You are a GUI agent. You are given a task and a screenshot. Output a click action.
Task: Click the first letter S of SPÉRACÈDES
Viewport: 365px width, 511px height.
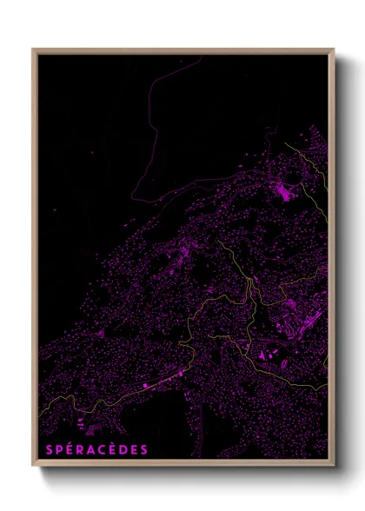click(44, 450)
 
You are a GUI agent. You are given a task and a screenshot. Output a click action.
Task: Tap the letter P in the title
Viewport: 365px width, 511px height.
click(56, 450)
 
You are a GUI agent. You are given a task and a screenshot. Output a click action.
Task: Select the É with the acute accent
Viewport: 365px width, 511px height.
click(67, 449)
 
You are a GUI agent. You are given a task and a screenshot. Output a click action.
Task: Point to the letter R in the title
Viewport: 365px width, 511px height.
click(78, 450)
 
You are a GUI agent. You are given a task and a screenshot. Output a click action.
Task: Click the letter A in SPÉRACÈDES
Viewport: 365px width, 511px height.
click(90, 450)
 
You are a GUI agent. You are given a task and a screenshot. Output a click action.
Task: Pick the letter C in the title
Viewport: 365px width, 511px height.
click(102, 450)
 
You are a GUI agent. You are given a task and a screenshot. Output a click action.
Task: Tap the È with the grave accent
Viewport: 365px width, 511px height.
click(113, 449)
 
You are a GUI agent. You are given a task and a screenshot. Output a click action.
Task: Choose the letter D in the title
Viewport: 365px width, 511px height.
click(124, 450)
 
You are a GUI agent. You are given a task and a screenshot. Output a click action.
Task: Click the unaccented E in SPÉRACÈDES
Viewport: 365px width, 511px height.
click(136, 450)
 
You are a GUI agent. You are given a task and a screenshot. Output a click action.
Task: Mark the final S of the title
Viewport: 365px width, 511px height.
click(146, 450)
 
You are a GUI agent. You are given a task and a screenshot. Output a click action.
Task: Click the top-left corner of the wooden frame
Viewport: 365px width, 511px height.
click(33, 50)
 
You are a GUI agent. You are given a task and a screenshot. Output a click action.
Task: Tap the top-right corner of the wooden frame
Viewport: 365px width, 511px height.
click(334, 50)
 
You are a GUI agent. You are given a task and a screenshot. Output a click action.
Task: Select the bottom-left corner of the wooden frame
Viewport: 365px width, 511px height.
click(33, 467)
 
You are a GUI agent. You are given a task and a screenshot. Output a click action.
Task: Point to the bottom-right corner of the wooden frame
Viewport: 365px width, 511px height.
click(334, 467)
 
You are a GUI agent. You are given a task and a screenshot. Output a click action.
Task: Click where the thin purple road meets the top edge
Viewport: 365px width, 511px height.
click(201, 56)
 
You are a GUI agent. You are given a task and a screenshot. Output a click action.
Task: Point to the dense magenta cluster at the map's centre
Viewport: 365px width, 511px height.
click(184, 254)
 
